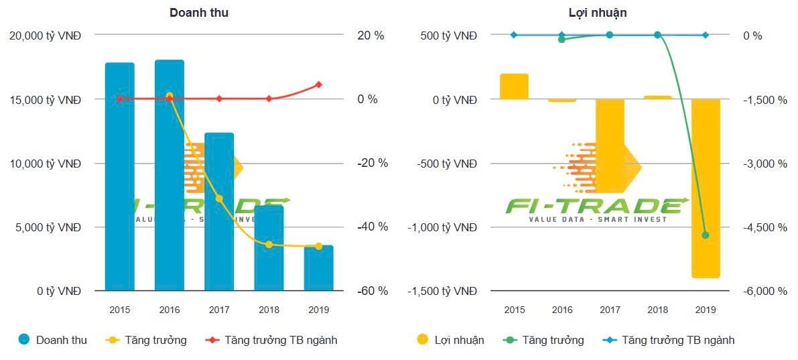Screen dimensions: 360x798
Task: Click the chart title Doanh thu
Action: (199, 13)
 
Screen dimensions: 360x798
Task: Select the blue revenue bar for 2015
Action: (119, 177)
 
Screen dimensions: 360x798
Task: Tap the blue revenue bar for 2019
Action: (318, 268)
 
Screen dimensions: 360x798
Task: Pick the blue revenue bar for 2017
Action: (219, 212)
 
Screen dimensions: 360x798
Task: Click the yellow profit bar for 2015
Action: (514, 86)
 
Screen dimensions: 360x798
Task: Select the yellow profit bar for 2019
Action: (706, 188)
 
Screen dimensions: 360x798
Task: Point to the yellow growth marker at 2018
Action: (269, 245)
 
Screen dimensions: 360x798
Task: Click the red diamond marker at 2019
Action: (318, 84)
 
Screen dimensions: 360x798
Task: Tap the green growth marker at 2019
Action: (705, 235)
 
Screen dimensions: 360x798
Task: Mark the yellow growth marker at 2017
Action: (219, 198)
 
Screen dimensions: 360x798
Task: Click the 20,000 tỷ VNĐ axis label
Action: (45, 36)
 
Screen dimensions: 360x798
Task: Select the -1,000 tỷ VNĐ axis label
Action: (442, 227)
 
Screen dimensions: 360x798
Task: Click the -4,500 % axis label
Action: (764, 227)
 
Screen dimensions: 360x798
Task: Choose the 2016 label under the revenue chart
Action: (169, 310)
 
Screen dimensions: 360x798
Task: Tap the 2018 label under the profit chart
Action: (657, 310)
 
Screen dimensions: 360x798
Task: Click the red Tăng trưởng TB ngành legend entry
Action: (271, 340)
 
